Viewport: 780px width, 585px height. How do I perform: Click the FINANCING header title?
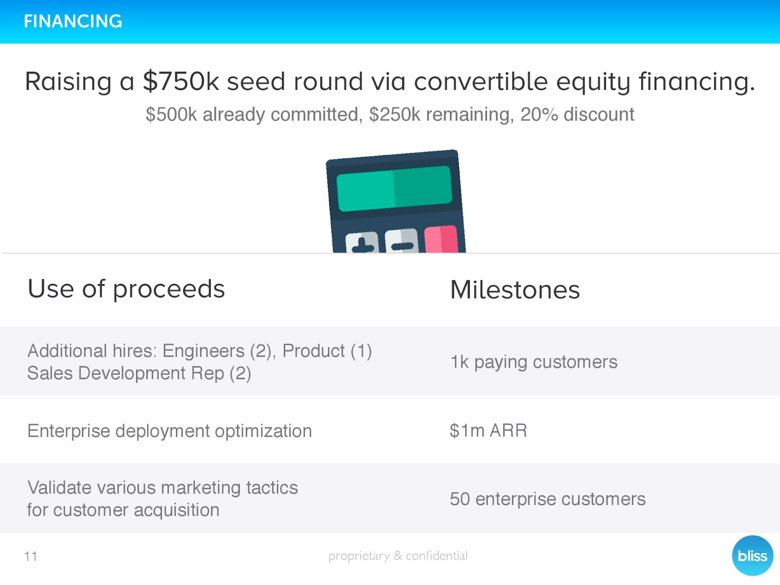(x=73, y=21)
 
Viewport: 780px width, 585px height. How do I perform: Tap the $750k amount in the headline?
(x=181, y=81)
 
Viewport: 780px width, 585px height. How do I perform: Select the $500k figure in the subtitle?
(x=171, y=115)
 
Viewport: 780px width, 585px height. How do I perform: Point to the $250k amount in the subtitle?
(x=394, y=115)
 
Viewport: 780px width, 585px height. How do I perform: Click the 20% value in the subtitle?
(x=539, y=115)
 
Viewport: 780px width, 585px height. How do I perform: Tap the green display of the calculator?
(x=394, y=188)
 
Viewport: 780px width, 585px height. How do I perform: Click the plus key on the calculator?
(x=362, y=243)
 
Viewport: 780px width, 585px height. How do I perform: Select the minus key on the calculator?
(x=402, y=241)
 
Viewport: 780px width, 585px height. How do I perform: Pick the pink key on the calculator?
(x=441, y=239)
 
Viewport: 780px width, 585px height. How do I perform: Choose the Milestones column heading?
(x=515, y=290)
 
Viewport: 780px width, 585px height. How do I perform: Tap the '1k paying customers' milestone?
(x=534, y=362)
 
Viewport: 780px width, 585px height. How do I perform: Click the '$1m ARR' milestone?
(x=488, y=430)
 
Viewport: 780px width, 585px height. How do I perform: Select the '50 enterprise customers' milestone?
(x=547, y=499)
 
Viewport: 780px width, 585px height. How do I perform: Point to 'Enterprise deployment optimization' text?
(x=170, y=431)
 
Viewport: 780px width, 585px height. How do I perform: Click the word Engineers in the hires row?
(x=203, y=351)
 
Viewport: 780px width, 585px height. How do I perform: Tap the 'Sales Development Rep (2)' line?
(x=139, y=373)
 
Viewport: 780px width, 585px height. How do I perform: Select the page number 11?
(x=31, y=556)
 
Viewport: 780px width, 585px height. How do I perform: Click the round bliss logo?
(x=752, y=556)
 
